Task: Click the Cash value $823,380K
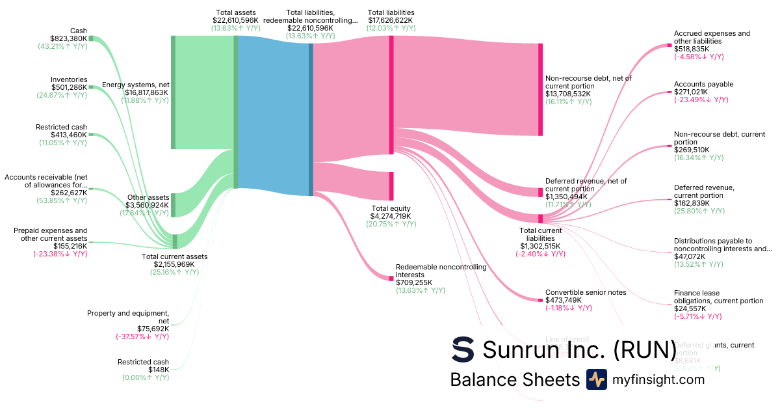pyautogui.click(x=68, y=38)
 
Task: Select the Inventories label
pyautogui.click(x=69, y=79)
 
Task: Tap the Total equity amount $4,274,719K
pyautogui.click(x=391, y=216)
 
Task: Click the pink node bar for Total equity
pyautogui.click(x=391, y=186)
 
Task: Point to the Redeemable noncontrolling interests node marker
pyautogui.click(x=391, y=279)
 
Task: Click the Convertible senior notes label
pyautogui.click(x=586, y=292)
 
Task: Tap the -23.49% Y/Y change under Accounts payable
pyautogui.click(x=701, y=100)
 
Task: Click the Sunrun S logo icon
pyautogui.click(x=463, y=349)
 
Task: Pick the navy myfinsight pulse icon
pyautogui.click(x=597, y=379)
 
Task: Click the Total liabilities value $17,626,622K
pyautogui.click(x=391, y=20)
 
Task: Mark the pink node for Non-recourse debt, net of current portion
pyautogui.click(x=540, y=90)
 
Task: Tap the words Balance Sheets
pyautogui.click(x=514, y=380)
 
